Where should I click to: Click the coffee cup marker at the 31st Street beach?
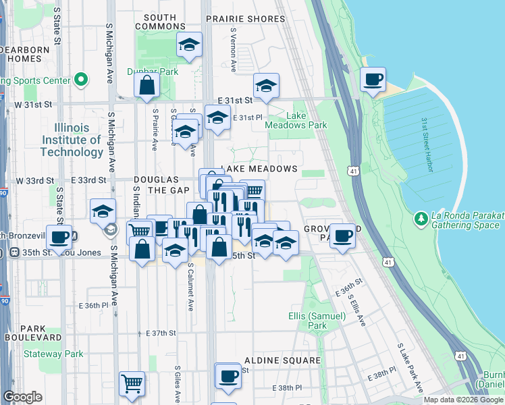pos(373,80)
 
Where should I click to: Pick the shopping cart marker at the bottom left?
pos(132,383)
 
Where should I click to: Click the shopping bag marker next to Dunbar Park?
pos(147,86)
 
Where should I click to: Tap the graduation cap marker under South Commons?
pos(190,46)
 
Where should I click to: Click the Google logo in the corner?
pos(22,397)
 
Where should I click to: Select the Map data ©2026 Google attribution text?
pos(463,400)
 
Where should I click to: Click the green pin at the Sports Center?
pos(81,80)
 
